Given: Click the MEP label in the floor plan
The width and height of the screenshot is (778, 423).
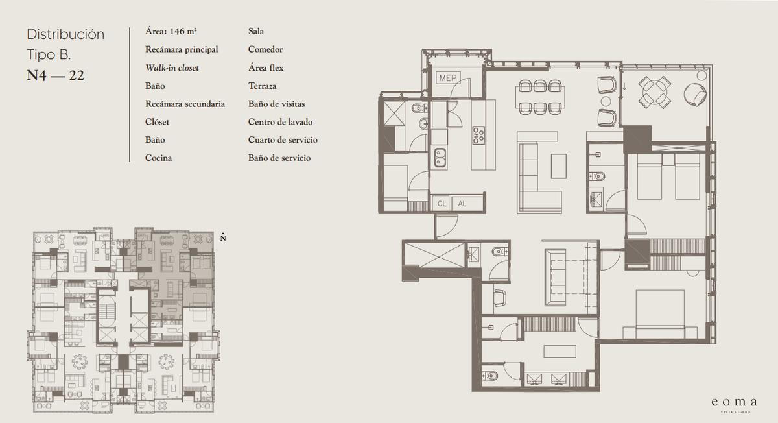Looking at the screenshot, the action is click(448, 78).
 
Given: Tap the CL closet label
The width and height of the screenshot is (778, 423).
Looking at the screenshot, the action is click(442, 204).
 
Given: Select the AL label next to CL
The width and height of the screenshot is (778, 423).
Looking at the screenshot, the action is click(462, 204).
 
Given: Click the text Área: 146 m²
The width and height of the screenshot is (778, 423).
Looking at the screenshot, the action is click(171, 31).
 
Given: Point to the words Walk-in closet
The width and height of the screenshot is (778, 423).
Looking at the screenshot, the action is click(172, 67).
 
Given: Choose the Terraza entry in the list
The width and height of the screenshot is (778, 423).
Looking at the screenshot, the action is click(262, 86).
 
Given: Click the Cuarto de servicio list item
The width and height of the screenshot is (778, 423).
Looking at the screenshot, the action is click(283, 139).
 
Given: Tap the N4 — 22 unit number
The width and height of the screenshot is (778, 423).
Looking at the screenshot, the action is click(56, 75).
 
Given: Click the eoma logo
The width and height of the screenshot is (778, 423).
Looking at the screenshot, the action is click(734, 402).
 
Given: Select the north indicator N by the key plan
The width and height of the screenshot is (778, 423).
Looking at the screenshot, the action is click(223, 237).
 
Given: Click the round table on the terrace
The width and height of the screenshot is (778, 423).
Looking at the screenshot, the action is click(655, 92).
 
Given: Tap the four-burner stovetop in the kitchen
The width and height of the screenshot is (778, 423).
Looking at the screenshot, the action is click(478, 135).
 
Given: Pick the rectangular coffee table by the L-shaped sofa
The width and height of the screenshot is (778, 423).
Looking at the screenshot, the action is click(558, 166).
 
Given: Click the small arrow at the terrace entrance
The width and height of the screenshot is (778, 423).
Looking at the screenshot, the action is click(624, 86).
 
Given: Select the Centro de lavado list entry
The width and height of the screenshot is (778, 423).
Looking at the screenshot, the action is click(280, 122).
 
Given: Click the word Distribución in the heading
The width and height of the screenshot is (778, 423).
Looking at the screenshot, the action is click(65, 34).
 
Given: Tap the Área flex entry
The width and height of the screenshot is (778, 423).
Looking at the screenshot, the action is click(266, 67).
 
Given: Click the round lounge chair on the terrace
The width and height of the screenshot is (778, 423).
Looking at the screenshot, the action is click(695, 94).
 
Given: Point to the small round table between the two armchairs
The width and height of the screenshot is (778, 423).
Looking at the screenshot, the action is click(606, 101).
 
